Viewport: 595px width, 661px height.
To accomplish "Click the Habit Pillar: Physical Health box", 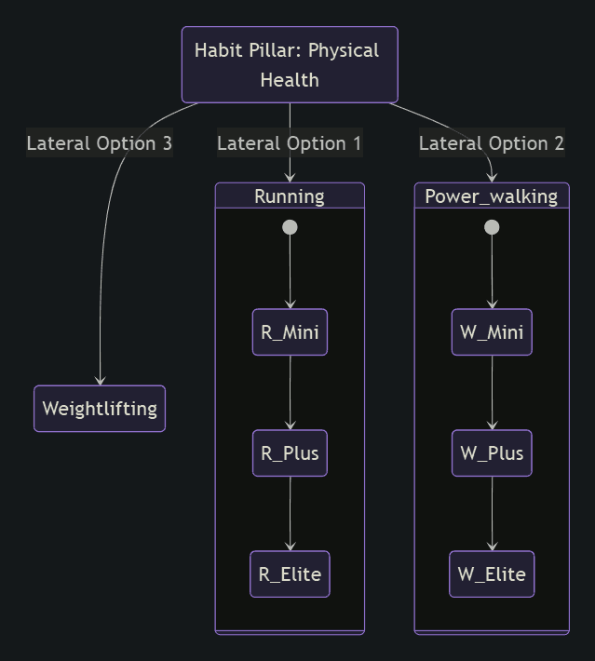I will tap(290, 64).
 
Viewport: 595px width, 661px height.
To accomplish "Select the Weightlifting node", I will tap(100, 409).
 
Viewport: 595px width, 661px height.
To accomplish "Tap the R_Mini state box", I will tap(290, 332).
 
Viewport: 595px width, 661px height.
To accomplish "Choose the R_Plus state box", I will tap(290, 453).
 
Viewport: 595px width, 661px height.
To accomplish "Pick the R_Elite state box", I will tap(290, 574).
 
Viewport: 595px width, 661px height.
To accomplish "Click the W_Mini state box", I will tap(492, 332).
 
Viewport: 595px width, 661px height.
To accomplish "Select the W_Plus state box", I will tap(492, 453).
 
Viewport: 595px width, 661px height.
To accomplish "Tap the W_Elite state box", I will tap(492, 574).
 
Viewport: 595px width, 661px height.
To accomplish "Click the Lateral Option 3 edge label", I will tap(100, 143).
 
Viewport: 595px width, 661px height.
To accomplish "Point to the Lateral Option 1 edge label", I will tap(290, 143).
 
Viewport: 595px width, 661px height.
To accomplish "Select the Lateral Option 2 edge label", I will tap(492, 143).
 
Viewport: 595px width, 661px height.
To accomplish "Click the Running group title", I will tap(290, 196).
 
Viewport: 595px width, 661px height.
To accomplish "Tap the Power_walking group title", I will tap(492, 196).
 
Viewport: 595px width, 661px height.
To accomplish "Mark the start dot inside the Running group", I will tap(290, 227).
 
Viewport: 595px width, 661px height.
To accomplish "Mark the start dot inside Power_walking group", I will tap(492, 227).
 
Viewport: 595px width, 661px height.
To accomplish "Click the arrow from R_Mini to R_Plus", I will tap(290, 392).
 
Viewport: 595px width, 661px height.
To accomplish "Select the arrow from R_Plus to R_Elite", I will tap(290, 513).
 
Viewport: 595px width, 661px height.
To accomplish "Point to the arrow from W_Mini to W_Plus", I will tap(492, 392).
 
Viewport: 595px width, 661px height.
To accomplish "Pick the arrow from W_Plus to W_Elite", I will tap(492, 513).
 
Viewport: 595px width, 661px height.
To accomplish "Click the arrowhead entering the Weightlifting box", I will tap(100, 381).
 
